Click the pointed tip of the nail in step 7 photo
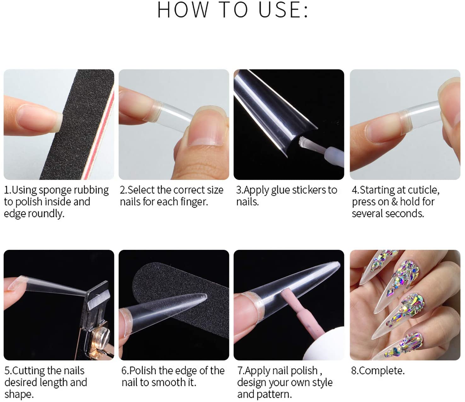[339, 264]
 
